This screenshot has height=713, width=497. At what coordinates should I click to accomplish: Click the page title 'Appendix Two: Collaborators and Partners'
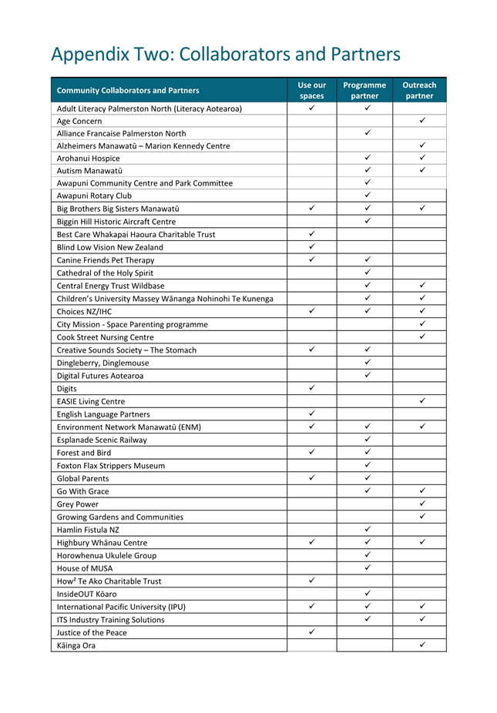click(x=225, y=55)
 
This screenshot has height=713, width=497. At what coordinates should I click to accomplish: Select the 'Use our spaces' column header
click(x=311, y=90)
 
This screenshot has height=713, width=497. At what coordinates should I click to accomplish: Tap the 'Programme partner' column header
click(x=364, y=90)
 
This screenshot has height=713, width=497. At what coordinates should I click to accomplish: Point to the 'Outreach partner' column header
click(x=419, y=90)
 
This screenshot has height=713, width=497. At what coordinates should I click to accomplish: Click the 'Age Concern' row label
click(x=79, y=121)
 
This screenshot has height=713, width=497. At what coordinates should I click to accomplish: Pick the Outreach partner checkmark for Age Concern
click(x=423, y=121)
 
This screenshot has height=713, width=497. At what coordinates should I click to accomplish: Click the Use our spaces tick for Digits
click(x=311, y=388)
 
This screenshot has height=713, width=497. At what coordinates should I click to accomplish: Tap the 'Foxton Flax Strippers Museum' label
click(x=111, y=465)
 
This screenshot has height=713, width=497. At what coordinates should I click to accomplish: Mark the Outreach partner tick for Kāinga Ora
click(x=423, y=644)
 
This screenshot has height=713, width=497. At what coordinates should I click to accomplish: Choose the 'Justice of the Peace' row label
click(x=92, y=632)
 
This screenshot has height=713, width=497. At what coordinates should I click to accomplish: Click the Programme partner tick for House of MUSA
click(x=368, y=567)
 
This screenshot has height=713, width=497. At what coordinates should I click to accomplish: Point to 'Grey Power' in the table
click(x=78, y=504)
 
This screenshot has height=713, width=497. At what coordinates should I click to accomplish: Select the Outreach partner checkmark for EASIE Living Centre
click(x=423, y=401)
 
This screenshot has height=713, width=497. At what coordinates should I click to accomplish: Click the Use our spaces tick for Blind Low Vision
click(x=311, y=247)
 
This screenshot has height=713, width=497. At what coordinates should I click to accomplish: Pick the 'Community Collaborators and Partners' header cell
click(x=128, y=90)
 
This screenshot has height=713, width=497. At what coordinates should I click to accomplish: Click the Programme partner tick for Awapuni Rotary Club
click(x=368, y=196)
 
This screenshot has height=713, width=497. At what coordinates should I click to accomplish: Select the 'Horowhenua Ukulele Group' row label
click(x=106, y=555)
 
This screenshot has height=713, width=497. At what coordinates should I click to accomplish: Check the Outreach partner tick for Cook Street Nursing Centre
click(x=423, y=337)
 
